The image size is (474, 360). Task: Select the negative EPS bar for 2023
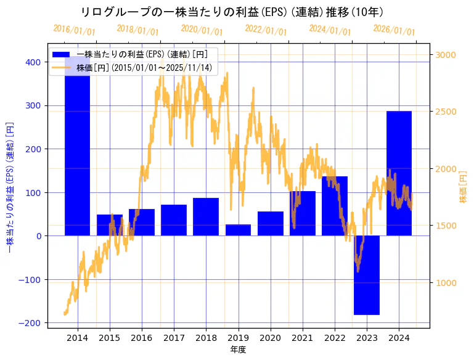point(367,275)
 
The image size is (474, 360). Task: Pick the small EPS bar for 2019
point(238,230)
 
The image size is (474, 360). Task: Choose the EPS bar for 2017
point(174,220)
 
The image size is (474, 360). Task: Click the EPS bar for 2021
point(303,213)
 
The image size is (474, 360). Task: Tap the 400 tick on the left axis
point(33,62)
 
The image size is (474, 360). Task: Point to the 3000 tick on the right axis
point(446,55)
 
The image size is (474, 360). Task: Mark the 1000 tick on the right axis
point(446,282)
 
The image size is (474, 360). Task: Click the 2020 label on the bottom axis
point(271,338)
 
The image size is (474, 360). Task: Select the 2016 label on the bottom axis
point(142,338)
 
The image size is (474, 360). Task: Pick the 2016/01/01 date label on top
point(74,30)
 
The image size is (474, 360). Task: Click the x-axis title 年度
point(238,350)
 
